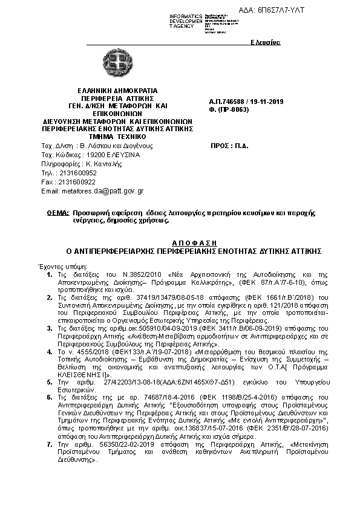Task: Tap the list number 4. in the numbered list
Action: (50, 351)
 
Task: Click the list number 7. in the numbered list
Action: (50, 444)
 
